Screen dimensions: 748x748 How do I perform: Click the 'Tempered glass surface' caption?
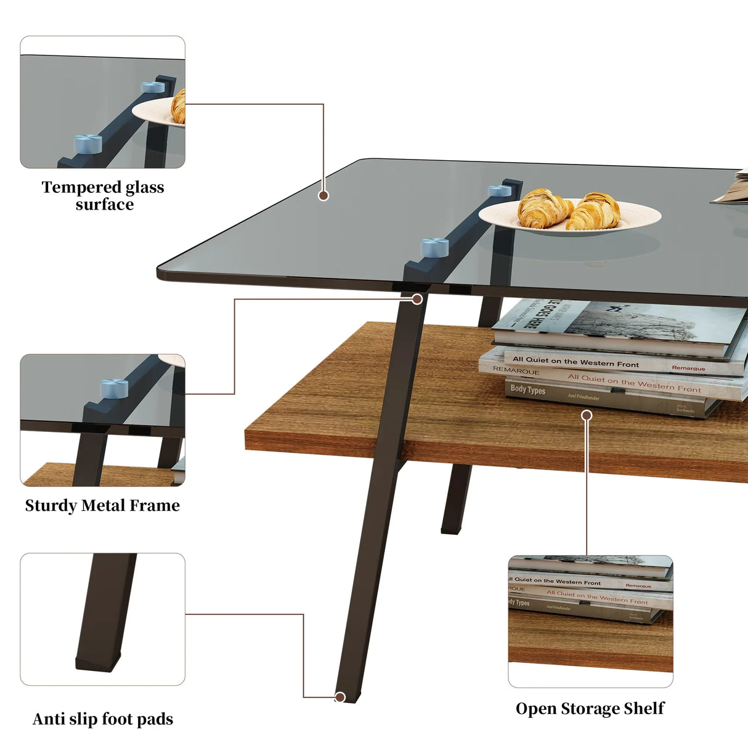coord(103,195)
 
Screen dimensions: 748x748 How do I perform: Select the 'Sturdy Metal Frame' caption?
coord(102,505)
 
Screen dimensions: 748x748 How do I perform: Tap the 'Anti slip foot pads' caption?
coord(103,719)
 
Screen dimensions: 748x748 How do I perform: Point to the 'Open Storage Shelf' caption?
coord(590,709)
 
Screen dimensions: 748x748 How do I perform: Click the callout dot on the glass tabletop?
coord(323,195)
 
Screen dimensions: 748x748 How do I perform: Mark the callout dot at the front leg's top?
coord(417,299)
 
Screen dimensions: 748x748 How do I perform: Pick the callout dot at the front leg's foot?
coord(339,697)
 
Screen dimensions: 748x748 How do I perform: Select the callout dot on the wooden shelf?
coord(587,415)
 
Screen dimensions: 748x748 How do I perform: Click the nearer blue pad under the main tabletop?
coord(434,247)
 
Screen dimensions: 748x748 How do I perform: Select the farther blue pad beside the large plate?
coord(500,190)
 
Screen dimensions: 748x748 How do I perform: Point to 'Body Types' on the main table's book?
coord(528,389)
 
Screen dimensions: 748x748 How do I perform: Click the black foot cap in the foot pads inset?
coord(99,663)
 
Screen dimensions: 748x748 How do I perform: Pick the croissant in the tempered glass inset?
coord(179,106)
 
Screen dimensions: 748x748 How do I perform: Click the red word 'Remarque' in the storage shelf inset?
coord(638,585)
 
